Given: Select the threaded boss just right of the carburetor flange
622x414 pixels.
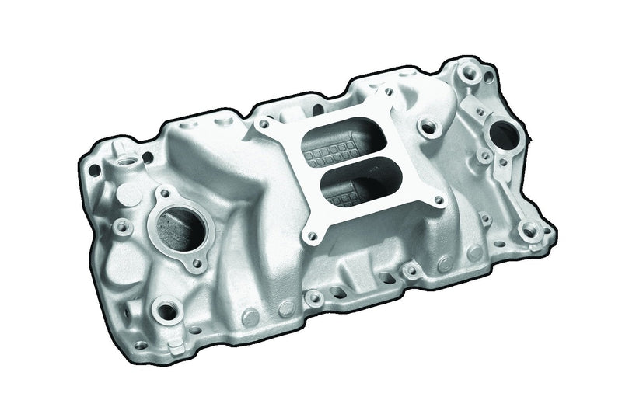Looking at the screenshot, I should (426, 124).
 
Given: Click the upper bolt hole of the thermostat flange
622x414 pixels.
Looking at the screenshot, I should (162, 192).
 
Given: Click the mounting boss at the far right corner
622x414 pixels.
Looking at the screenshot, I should (532, 229).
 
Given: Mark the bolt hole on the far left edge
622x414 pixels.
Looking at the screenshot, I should (94, 168).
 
